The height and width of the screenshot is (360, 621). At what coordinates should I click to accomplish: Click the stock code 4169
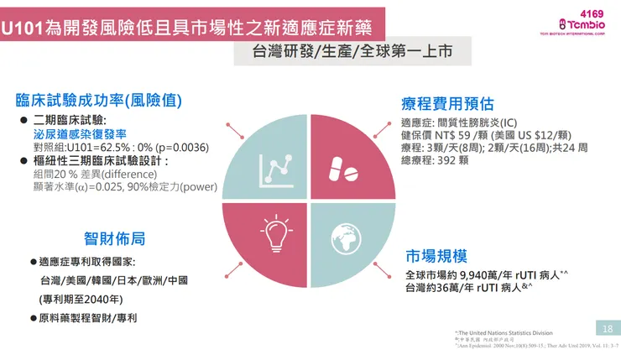(592, 13)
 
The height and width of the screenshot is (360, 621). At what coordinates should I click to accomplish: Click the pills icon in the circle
(346, 164)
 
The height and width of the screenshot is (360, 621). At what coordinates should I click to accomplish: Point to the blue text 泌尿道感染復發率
(80, 133)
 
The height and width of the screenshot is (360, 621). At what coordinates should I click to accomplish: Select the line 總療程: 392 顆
(441, 160)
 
